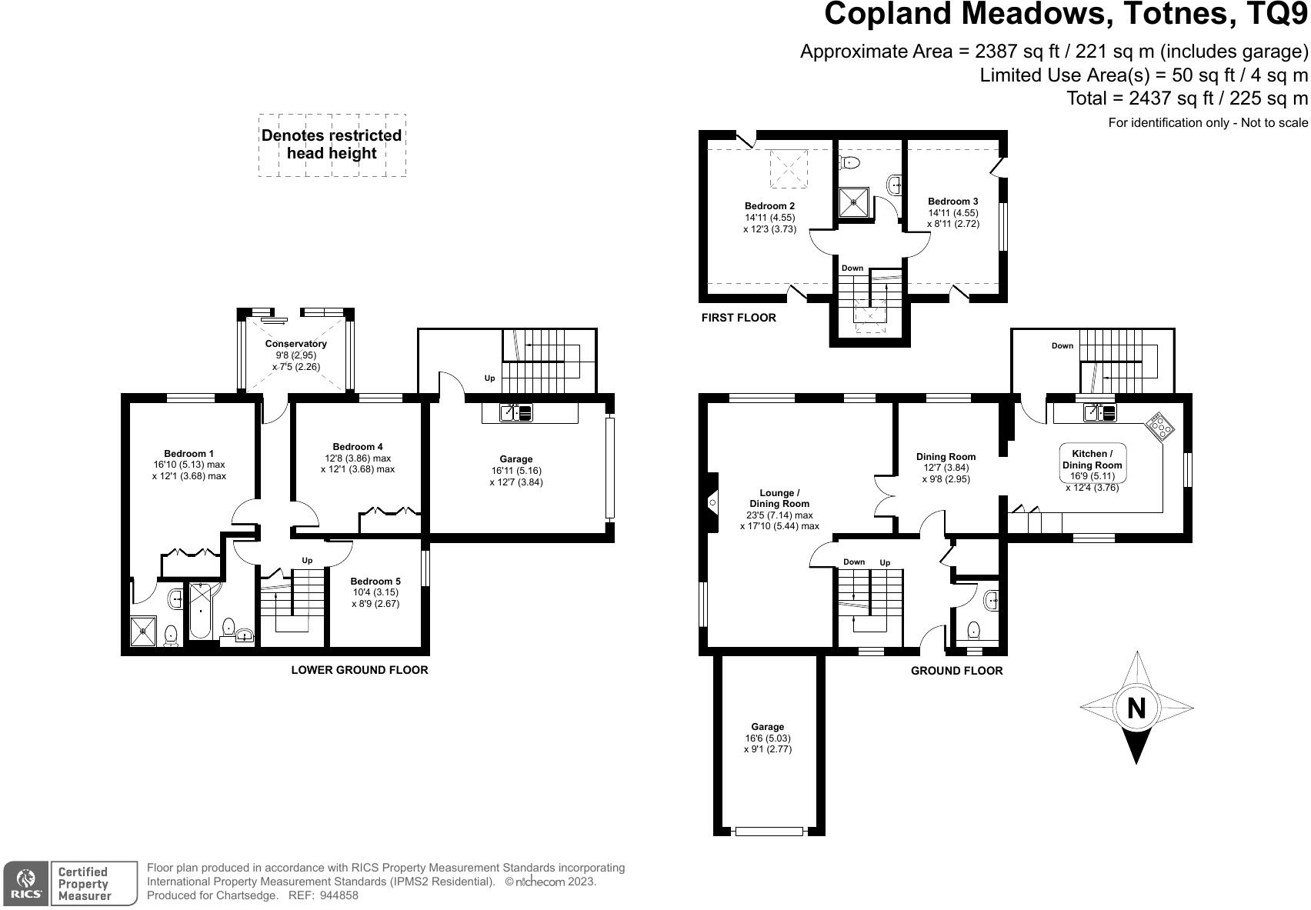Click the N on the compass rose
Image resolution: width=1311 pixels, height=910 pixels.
pyautogui.click(x=1136, y=707)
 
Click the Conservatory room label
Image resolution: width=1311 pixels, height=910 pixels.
pyautogui.click(x=296, y=344)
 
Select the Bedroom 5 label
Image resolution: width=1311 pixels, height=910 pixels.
pyautogui.click(x=375, y=582)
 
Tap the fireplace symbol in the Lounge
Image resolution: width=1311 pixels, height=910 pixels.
pyautogui.click(x=712, y=503)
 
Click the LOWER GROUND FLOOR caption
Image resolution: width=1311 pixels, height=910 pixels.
pyautogui.click(x=359, y=670)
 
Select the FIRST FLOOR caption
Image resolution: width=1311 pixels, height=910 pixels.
pyautogui.click(x=739, y=318)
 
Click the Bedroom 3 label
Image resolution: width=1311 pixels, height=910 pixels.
pyautogui.click(x=953, y=202)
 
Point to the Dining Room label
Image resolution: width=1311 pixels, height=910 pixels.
pyautogui.click(x=946, y=456)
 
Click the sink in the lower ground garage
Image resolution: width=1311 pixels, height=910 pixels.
pyautogui.click(x=515, y=413)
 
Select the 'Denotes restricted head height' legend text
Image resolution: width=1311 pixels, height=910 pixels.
pyautogui.click(x=332, y=145)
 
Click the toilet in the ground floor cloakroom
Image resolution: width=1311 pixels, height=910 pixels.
pyautogui.click(x=974, y=630)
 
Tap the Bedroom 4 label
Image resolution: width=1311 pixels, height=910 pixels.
pyautogui.click(x=358, y=447)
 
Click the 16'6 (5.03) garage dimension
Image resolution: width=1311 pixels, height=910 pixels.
pyautogui.click(x=768, y=738)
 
